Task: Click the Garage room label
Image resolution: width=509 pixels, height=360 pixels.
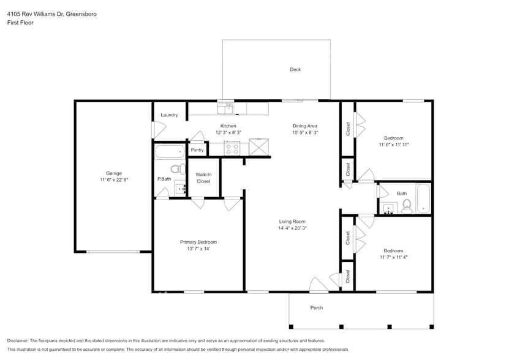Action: (113, 173)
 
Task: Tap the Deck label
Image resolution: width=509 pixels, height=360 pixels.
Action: (295, 70)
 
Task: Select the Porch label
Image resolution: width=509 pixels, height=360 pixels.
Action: (316, 307)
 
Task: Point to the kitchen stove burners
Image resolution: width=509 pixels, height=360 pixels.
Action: (232, 148)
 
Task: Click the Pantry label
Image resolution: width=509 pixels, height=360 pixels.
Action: (197, 150)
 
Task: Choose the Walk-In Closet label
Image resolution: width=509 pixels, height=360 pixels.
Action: (203, 178)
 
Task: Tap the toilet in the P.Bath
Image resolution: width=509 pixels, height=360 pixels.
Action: (176, 169)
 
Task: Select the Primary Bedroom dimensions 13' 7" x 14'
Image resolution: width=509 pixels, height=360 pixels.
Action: (198, 249)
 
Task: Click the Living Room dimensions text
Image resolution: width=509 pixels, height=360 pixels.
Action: (292, 228)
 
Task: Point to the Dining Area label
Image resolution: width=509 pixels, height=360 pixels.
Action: (304, 126)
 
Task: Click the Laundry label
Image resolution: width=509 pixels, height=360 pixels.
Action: (169, 115)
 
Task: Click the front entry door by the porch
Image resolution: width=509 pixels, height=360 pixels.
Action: (319, 285)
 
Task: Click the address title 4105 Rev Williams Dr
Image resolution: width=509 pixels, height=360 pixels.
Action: (51, 13)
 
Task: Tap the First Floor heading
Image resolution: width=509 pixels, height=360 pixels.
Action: (20, 23)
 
